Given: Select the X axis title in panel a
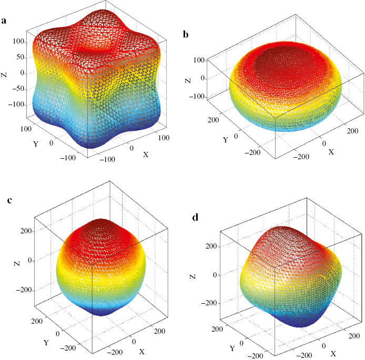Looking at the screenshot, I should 146,154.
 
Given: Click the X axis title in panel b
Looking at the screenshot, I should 331,151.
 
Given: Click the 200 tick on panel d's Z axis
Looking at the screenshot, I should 211,246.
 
